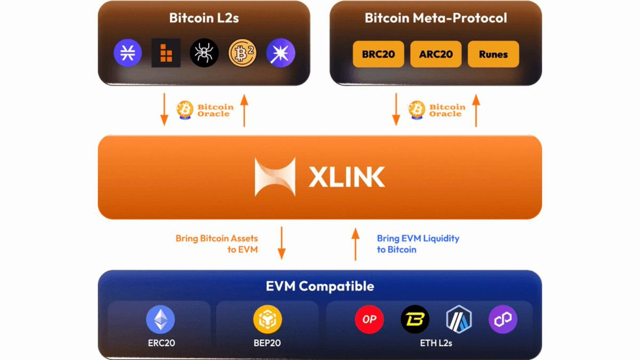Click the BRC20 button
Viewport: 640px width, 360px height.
click(378, 54)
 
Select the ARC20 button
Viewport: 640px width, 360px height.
click(436, 54)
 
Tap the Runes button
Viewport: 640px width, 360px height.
click(493, 54)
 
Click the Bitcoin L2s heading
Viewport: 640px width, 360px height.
click(204, 18)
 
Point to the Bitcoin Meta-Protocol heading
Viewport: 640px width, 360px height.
click(436, 18)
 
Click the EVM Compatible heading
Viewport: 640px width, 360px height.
click(320, 286)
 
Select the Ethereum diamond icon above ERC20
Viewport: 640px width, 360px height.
click(161, 319)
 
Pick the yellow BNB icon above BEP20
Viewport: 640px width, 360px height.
click(267, 319)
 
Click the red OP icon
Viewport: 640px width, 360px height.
click(369, 319)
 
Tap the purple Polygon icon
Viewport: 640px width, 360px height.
click(503, 319)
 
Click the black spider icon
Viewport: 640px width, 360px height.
click(204, 53)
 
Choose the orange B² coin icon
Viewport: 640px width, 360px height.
click(243, 53)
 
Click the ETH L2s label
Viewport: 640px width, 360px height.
click(436, 343)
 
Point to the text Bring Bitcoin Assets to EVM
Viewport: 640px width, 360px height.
click(217, 244)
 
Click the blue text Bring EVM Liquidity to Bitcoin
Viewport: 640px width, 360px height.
click(418, 244)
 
